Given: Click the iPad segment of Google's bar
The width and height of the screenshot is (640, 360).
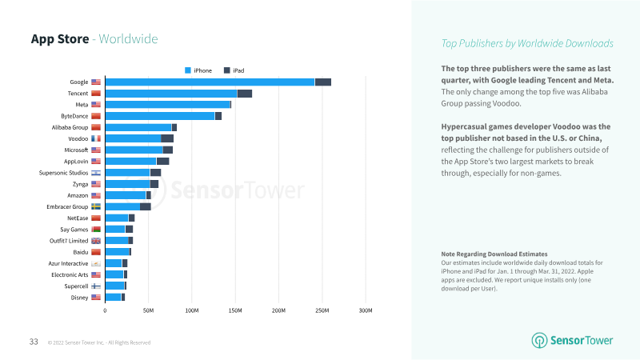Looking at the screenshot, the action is tap(323, 82).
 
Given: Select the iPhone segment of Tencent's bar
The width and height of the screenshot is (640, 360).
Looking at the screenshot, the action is tap(171, 94).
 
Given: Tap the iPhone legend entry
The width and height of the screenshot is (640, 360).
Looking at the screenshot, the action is tap(198, 70).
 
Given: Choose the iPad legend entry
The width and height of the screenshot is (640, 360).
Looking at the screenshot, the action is tap(234, 70).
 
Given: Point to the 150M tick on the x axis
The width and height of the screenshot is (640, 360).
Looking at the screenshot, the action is tap(235, 310).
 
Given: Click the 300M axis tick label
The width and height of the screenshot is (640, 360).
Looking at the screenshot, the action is tap(366, 310).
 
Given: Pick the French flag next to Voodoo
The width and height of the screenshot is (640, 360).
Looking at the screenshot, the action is tap(96, 138).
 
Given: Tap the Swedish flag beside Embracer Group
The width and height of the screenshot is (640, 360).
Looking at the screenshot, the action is tap(96, 206).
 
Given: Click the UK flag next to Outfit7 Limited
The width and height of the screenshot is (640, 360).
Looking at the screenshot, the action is tap(96, 241).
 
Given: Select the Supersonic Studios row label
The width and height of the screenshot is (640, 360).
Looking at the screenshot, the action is tap(63, 173).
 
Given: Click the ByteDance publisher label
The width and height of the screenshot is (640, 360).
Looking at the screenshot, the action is tap(74, 116).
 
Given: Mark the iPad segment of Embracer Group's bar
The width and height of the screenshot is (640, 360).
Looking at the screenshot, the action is tap(146, 206).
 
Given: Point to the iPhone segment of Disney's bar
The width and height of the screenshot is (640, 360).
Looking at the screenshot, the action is tap(113, 297).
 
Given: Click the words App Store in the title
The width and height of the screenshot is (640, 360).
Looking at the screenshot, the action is tap(60, 38).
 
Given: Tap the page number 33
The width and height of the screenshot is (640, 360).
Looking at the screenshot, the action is tap(34, 342).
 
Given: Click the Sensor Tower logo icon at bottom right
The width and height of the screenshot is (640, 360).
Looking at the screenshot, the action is tap(539, 341).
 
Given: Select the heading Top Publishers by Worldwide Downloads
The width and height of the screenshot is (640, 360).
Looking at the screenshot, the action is tap(527, 43).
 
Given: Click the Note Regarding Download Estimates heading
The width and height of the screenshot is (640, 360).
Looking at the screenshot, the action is tap(494, 254).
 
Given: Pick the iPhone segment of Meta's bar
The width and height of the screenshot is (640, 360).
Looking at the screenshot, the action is tap(168, 105).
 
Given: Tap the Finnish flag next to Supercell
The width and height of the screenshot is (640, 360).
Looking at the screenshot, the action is tap(96, 286).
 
